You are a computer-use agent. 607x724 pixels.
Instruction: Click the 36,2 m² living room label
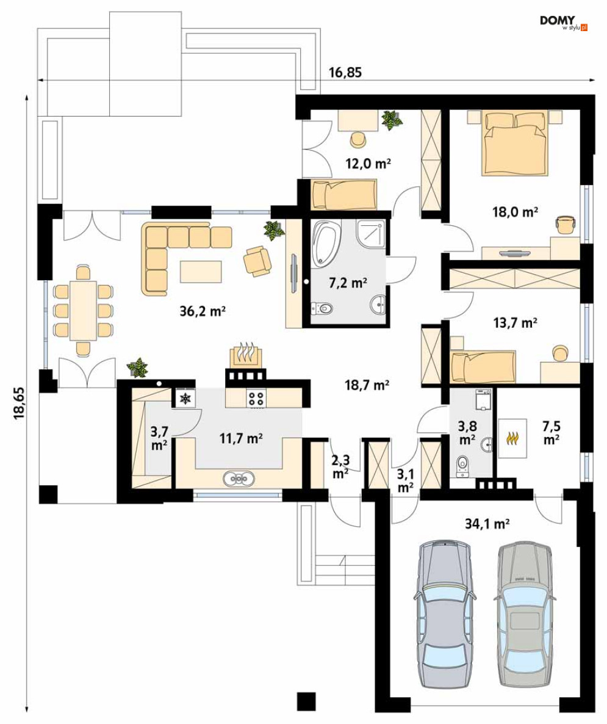(202, 312)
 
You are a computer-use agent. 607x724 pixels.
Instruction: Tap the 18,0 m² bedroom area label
(515, 212)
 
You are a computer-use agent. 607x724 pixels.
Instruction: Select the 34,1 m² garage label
(487, 524)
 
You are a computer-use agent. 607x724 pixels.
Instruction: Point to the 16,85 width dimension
(345, 72)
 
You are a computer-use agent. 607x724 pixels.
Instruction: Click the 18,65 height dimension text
(20, 403)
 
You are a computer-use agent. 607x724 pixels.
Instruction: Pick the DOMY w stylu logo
(563, 23)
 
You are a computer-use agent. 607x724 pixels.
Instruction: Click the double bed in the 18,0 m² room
(515, 143)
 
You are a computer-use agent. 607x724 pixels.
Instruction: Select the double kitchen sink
(238, 479)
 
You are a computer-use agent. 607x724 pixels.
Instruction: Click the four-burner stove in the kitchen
(257, 399)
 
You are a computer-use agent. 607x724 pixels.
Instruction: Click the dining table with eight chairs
(83, 310)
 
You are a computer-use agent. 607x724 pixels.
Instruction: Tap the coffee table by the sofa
(201, 272)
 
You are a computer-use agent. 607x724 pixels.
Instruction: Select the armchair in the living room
(257, 261)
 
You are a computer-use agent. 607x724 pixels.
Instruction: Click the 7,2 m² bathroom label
(348, 283)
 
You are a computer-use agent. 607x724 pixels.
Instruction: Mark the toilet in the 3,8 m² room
(462, 466)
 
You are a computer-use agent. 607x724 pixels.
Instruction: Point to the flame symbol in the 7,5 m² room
(512, 438)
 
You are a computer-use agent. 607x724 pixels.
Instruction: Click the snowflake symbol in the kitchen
(185, 399)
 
